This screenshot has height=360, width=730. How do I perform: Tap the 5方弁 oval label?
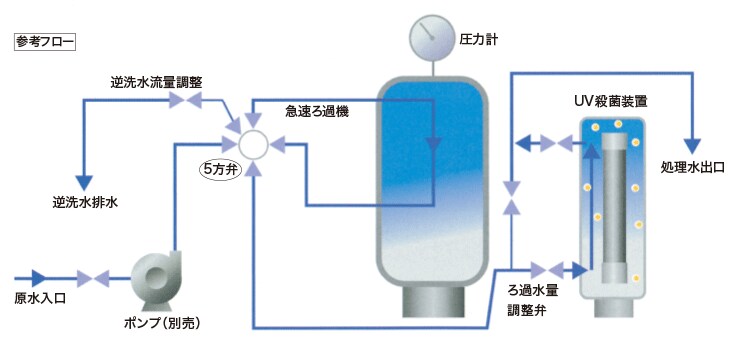point(217,168)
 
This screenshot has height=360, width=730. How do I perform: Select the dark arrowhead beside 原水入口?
point(39,277)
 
